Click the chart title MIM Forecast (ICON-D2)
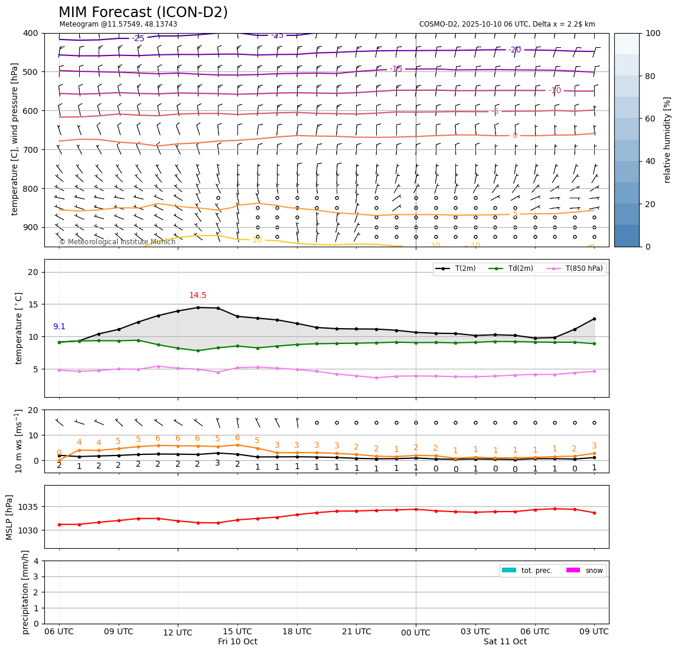(143, 12)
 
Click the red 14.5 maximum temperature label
(197, 296)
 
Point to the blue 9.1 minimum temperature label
(59, 326)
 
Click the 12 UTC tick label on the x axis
(178, 633)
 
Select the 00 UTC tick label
(416, 633)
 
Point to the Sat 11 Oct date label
(505, 642)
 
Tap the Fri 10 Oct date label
(237, 642)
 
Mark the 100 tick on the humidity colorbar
(653, 33)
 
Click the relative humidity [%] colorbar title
(667, 140)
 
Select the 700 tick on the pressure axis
(31, 150)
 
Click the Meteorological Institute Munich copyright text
(117, 242)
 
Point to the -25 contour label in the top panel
(138, 39)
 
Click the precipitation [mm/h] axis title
(25, 592)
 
